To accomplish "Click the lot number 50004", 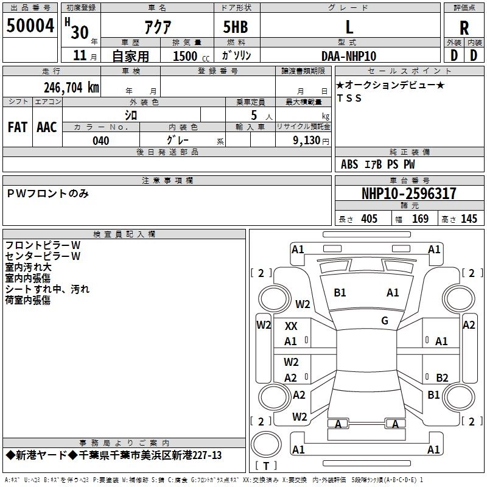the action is (x=30, y=26).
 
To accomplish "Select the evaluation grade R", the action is (x=464, y=27).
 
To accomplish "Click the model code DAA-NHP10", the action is (x=349, y=56).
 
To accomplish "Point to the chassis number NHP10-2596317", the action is (x=408, y=194).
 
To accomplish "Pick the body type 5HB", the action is (x=236, y=27).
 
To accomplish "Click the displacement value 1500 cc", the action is (x=185, y=56).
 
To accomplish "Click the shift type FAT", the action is (x=18, y=127).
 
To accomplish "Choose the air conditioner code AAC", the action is (x=47, y=127).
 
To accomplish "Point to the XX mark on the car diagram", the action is (x=291, y=326).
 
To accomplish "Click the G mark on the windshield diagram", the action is (x=384, y=321).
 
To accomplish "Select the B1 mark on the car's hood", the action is (x=340, y=293).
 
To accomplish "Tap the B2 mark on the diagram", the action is (x=442, y=377).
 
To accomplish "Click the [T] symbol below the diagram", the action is (x=265, y=466).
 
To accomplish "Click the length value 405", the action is (x=369, y=219).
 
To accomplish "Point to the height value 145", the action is (x=469, y=219).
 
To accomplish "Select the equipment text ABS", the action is (x=349, y=164).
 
